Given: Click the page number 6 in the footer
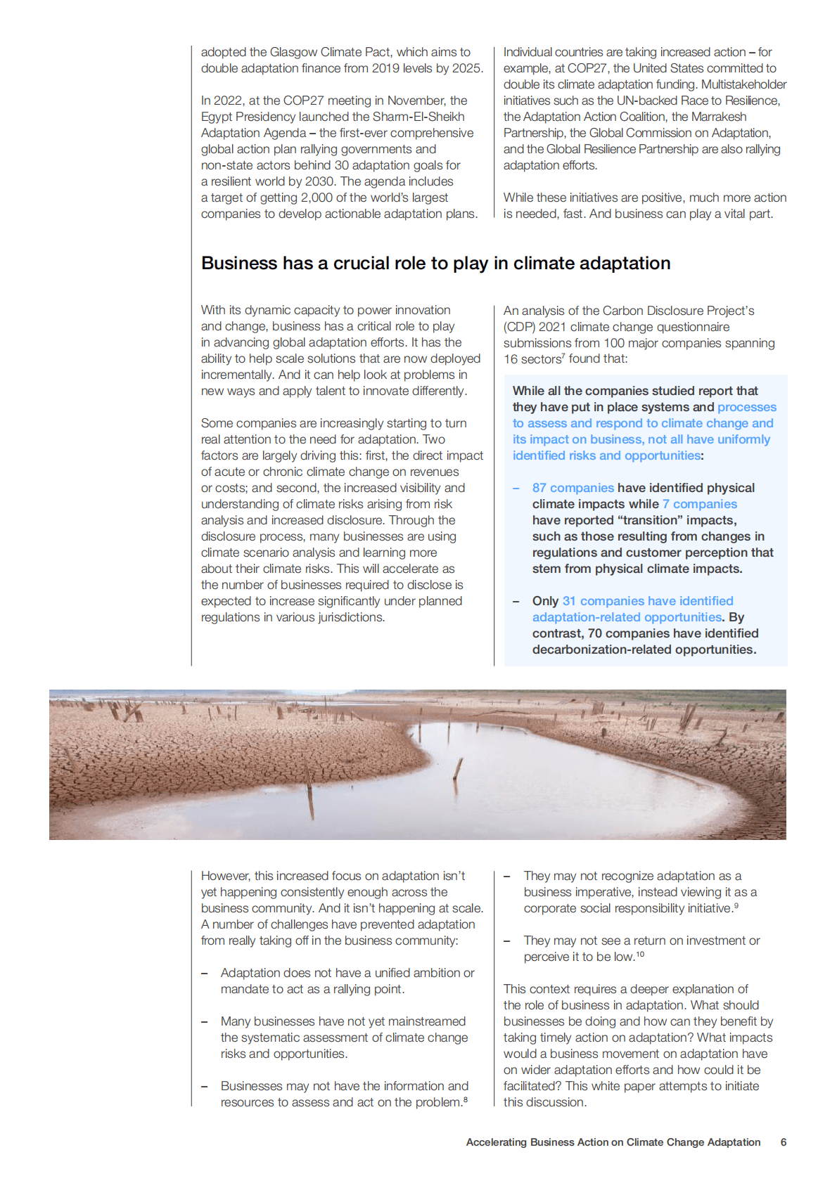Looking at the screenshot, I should [x=783, y=1142].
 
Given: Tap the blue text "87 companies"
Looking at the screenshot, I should [x=573, y=488].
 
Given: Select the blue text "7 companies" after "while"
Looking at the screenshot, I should [x=699, y=504].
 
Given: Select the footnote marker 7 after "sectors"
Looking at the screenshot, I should [x=563, y=356].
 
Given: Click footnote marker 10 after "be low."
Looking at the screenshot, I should [x=640, y=954].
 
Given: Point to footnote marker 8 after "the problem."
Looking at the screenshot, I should [x=466, y=1099].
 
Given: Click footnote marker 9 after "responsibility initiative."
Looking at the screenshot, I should [x=736, y=905].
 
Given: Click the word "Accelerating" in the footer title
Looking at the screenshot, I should [x=496, y=1142].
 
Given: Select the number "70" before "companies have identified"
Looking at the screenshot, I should [x=594, y=633].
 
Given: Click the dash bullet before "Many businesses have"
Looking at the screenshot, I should [x=205, y=1021].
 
